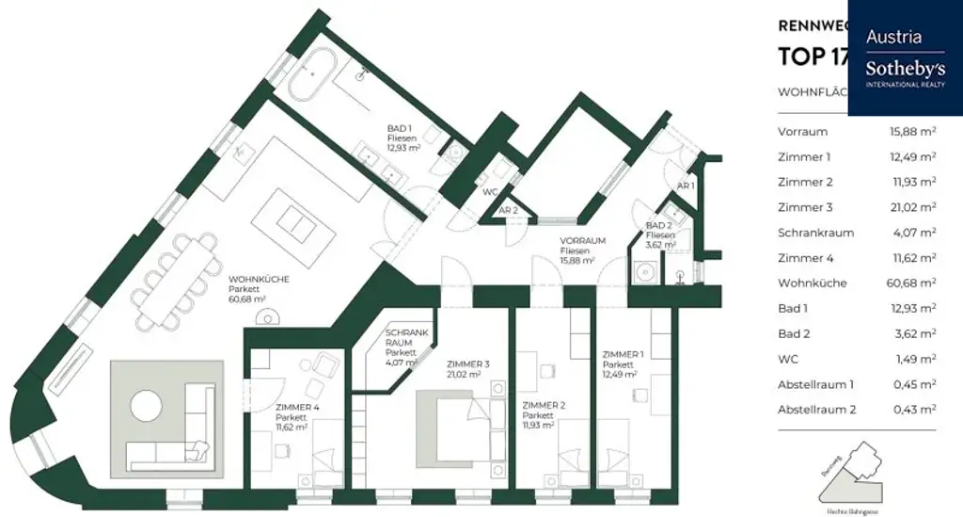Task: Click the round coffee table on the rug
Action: click(147, 409)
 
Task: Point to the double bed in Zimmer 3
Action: click(453, 427)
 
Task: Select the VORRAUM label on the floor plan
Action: click(582, 241)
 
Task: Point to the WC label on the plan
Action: click(489, 192)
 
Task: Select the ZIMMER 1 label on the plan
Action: click(624, 355)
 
